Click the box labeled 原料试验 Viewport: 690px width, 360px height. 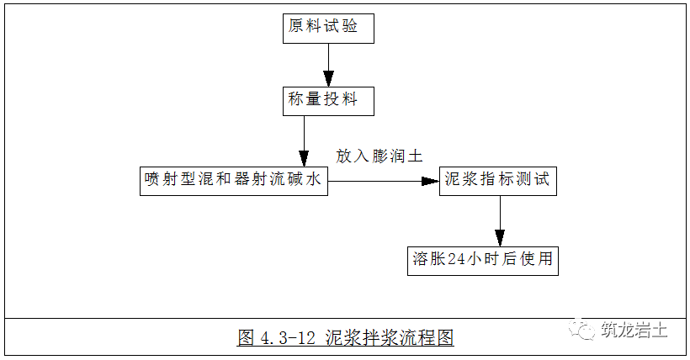(327, 27)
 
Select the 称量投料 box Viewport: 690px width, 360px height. (327, 100)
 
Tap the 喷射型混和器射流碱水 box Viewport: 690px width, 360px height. (233, 180)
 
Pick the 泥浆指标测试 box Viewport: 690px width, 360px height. (498, 180)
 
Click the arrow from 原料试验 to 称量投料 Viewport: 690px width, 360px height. (327, 64)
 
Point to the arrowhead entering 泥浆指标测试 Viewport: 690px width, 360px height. (431, 180)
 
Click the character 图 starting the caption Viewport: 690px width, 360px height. (246, 338)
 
